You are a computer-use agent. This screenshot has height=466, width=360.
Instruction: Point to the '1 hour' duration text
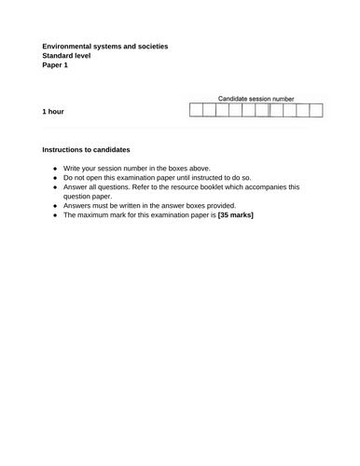coord(53,111)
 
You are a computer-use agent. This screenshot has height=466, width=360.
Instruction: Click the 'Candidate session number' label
coord(256,98)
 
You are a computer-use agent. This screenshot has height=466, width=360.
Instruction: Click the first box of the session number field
coord(196,111)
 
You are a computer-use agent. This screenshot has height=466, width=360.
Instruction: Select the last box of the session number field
coord(316,111)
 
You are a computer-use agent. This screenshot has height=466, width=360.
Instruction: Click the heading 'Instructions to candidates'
coord(86,149)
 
